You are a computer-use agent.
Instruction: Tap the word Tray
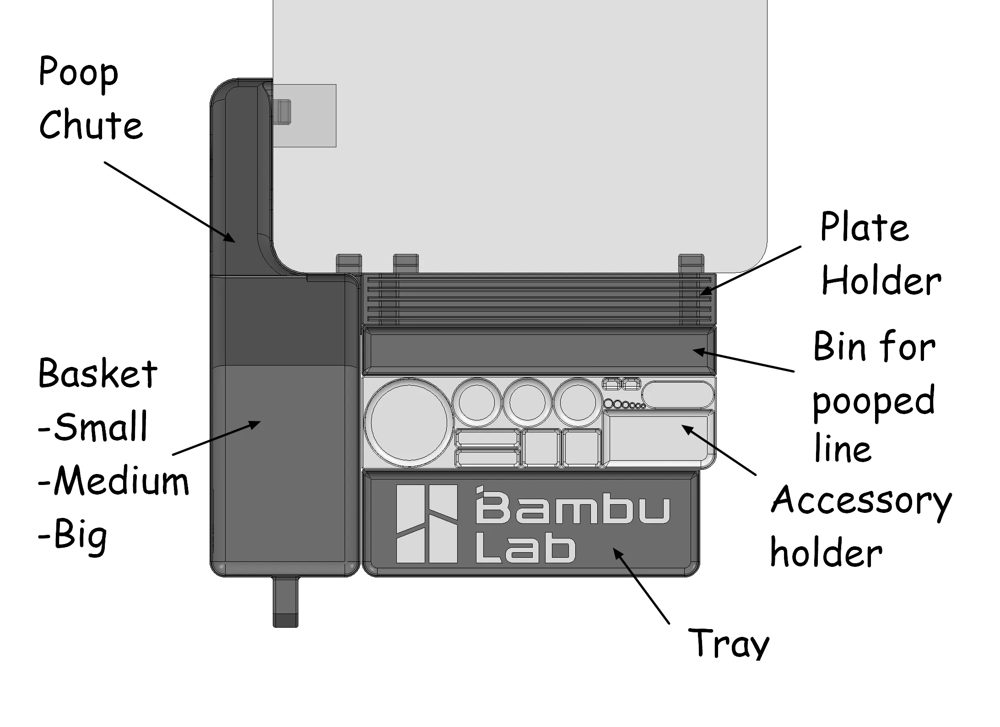tap(729, 643)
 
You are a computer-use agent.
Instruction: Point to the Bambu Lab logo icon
tap(427, 523)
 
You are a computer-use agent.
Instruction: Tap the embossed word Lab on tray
tap(525, 548)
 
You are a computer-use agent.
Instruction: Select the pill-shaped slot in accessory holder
tap(678, 394)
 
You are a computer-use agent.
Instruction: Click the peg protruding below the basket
tap(286, 602)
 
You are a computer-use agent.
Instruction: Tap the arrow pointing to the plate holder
tap(750, 270)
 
